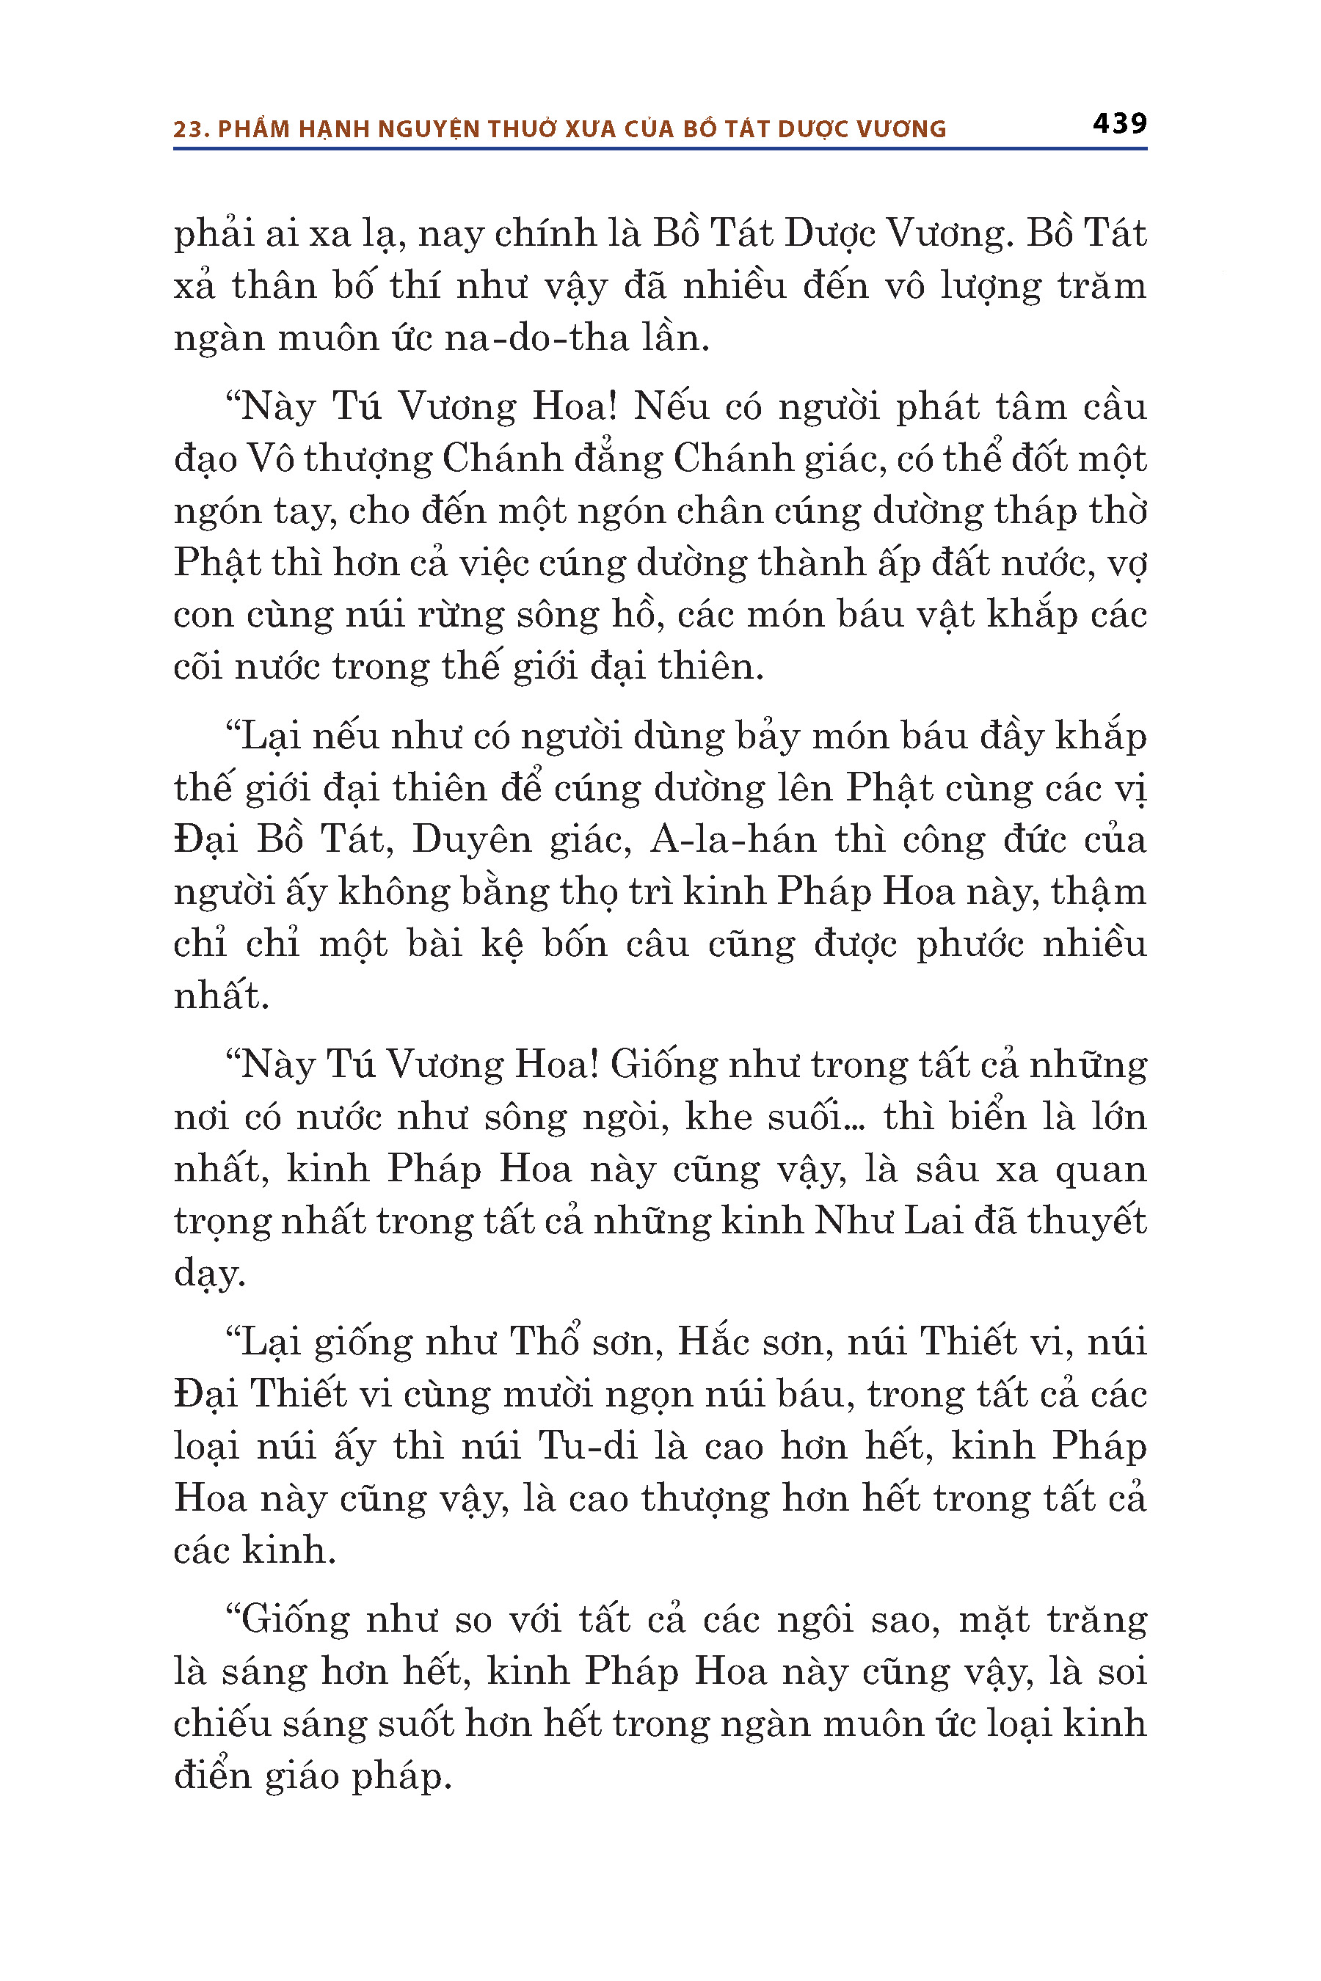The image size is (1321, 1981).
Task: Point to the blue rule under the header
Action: point(660,149)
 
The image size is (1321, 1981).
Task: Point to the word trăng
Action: point(1097,1620)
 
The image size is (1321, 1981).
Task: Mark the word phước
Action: point(969,944)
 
